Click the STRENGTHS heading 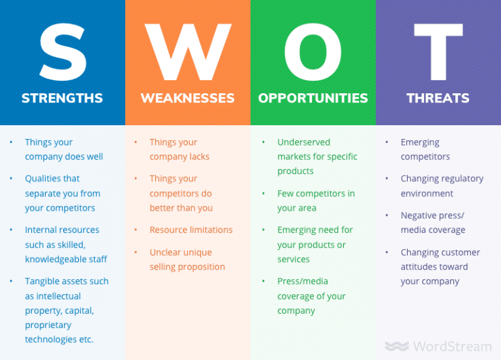62,98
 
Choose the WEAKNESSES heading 187,98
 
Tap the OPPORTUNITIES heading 313,98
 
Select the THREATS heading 438,98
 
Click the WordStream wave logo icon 397,346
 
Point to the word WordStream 451,346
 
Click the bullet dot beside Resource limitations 136,230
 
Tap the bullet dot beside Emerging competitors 387,142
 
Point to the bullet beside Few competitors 263,194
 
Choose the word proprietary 48,325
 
